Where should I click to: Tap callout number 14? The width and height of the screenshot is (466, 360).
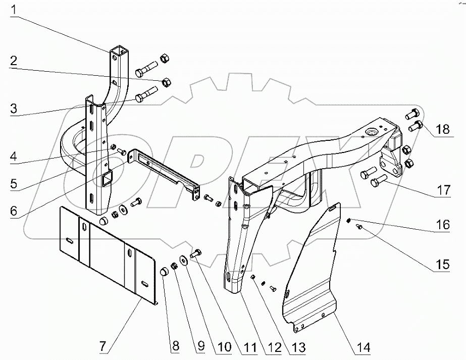pos(364,347)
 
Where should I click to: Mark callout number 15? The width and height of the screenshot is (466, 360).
pos(442,265)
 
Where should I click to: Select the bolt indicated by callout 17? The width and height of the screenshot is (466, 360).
pos(379,181)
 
